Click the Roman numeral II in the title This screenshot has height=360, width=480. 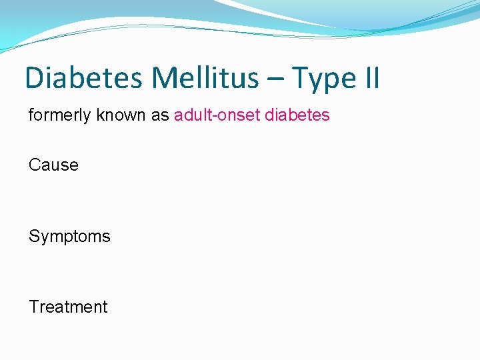click(371, 78)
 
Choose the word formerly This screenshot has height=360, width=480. click(58, 115)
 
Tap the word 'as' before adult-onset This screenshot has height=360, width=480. click(160, 116)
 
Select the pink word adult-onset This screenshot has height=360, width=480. click(217, 115)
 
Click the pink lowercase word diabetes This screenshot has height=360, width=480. click(297, 115)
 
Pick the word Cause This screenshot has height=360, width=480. click(53, 165)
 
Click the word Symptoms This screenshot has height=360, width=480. click(69, 237)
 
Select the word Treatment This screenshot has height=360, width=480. click(68, 307)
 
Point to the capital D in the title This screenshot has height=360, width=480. click(33, 78)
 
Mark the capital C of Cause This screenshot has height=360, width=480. click(35, 165)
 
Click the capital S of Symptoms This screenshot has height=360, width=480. click(34, 236)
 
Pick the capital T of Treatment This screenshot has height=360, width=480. click(33, 307)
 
